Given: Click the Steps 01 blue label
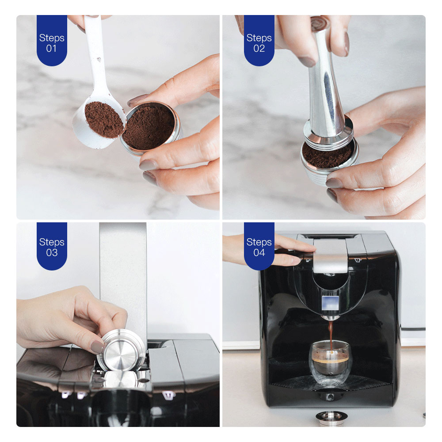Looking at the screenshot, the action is [52, 40].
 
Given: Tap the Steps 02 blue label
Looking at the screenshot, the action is [259, 40].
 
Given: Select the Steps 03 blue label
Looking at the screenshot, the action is [52, 246].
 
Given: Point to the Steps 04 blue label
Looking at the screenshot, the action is [259, 246].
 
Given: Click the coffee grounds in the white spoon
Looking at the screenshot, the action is [104, 119].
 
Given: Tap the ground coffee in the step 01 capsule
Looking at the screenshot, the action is [149, 127].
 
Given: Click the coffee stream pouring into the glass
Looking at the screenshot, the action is [330, 335].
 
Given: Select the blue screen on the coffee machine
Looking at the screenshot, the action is [330, 303].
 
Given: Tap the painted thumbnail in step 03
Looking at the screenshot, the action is [98, 347].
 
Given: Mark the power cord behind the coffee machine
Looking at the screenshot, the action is [413, 329].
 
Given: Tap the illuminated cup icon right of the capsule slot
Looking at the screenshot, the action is [168, 395].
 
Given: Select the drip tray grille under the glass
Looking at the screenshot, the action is [330, 383].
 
